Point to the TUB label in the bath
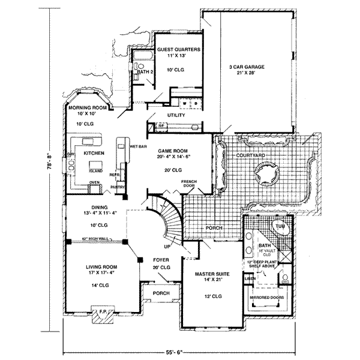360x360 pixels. [x=280, y=228]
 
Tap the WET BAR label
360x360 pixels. [x=139, y=146]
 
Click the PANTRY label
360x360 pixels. [x=117, y=187]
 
